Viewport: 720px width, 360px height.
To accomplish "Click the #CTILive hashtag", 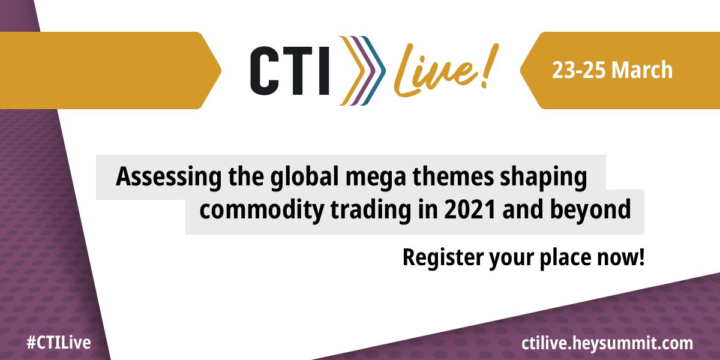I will coord(58,343).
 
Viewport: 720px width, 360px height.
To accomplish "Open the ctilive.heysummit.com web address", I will coord(607,343).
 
